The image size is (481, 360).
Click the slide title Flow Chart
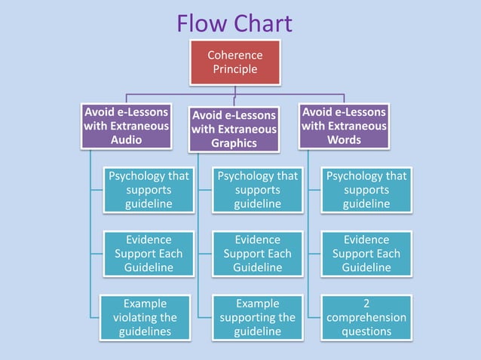(234, 23)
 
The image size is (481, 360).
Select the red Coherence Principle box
(234, 63)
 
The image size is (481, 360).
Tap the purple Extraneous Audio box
(126, 126)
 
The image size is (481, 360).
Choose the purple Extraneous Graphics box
(234, 129)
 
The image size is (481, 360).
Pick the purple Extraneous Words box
(344, 126)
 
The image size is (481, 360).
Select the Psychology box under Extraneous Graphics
(258, 190)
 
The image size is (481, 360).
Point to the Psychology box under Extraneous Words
(366, 190)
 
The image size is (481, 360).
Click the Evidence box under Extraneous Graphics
(258, 253)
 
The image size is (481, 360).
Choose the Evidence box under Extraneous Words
(366, 253)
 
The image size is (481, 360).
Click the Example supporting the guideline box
(258, 317)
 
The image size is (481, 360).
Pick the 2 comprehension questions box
(366, 317)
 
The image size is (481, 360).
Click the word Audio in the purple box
(126, 140)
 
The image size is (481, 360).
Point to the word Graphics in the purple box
(234, 143)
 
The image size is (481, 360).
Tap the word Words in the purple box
(344, 140)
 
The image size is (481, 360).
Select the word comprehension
(366, 317)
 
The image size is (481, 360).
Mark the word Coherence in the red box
(234, 55)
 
